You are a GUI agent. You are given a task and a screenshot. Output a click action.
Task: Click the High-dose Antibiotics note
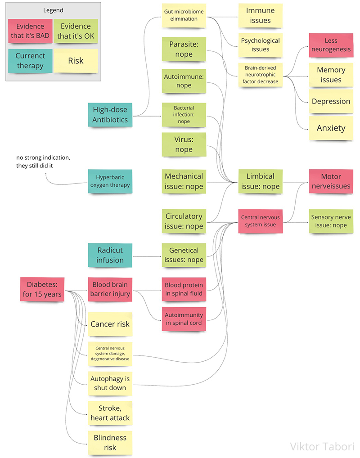[x=110, y=114]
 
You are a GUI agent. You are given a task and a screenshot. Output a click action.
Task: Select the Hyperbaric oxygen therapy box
[x=110, y=181]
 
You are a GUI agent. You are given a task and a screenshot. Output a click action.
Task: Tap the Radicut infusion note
[x=110, y=255]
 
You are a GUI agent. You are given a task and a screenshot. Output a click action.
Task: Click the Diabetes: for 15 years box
[x=42, y=289]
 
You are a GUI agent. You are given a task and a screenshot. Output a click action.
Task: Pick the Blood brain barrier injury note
[x=110, y=289]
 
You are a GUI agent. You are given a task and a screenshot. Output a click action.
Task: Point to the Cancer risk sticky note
[x=110, y=324]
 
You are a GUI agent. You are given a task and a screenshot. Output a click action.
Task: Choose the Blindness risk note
[x=110, y=442]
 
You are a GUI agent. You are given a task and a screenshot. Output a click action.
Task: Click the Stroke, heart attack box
[x=110, y=413]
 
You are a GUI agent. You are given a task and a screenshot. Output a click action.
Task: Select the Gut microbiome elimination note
[x=184, y=15]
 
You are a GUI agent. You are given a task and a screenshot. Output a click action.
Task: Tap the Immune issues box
[x=261, y=15]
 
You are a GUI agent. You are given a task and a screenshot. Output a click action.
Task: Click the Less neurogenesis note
[x=331, y=45]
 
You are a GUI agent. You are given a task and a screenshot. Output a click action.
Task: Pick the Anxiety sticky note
[x=331, y=128]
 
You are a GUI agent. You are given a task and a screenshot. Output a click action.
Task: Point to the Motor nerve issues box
[x=331, y=181]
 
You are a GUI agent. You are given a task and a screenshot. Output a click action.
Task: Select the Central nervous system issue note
[x=261, y=220]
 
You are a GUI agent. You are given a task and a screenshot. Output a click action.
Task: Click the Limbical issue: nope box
[x=261, y=181]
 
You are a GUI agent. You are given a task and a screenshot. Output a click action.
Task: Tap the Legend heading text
[x=53, y=10]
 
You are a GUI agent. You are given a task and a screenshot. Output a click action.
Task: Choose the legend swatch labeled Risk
[x=76, y=61]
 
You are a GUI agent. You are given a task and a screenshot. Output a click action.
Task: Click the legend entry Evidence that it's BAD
[x=30, y=31]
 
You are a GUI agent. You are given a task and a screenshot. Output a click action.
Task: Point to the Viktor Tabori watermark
[x=322, y=446]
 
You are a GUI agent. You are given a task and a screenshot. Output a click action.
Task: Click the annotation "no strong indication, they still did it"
[x=43, y=162]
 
